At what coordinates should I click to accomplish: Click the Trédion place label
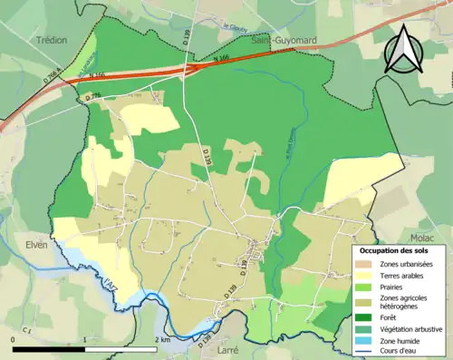tap(53, 41)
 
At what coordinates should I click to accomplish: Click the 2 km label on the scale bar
tap(163, 338)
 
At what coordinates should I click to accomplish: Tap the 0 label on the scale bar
tap(14, 338)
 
